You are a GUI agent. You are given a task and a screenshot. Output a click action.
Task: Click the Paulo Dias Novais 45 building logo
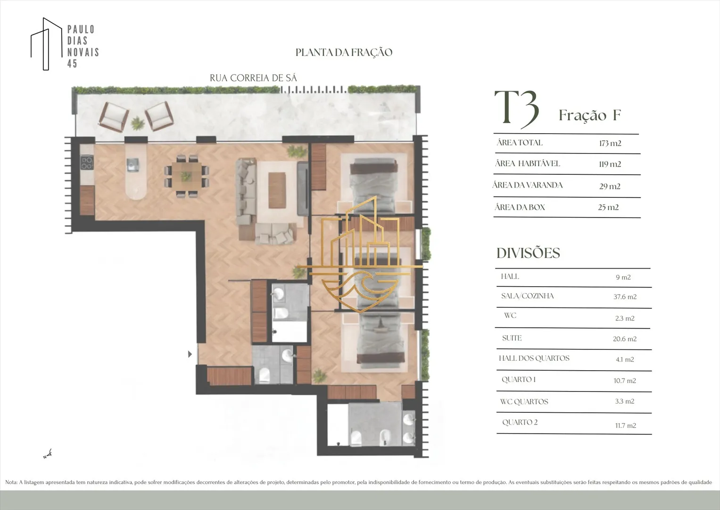[47, 44]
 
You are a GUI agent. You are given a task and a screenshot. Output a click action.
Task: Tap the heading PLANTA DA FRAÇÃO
[344, 52]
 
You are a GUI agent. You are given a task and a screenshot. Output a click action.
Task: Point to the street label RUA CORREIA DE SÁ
[253, 78]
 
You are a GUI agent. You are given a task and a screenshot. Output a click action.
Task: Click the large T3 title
[516, 109]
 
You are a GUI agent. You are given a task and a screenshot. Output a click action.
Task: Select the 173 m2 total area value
[610, 143]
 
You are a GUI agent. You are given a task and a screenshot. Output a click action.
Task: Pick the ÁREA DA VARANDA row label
[528, 185]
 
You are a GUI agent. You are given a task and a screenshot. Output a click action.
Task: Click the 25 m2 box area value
[608, 207]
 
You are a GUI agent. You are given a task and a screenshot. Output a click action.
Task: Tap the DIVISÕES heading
[528, 253]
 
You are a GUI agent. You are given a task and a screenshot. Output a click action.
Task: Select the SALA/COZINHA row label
[528, 296]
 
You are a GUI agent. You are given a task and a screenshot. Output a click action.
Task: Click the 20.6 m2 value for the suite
[625, 339]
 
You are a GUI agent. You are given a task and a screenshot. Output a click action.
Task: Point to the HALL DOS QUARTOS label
[534, 358]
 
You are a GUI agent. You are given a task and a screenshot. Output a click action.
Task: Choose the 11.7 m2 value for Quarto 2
[626, 425]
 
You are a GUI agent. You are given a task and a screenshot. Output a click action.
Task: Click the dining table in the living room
[186, 176]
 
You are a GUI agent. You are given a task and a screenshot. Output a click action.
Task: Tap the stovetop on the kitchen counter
[87, 162]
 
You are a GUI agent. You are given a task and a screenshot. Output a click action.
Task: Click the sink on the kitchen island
[133, 164]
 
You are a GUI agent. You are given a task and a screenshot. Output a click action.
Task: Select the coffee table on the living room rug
[277, 190]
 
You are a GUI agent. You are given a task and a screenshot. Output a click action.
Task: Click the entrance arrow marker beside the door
[190, 354]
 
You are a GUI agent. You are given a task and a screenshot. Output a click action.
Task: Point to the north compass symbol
[48, 454]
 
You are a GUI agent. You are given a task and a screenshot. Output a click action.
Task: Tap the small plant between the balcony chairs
[138, 123]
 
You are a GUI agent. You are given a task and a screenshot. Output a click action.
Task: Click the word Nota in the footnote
[11, 482]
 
